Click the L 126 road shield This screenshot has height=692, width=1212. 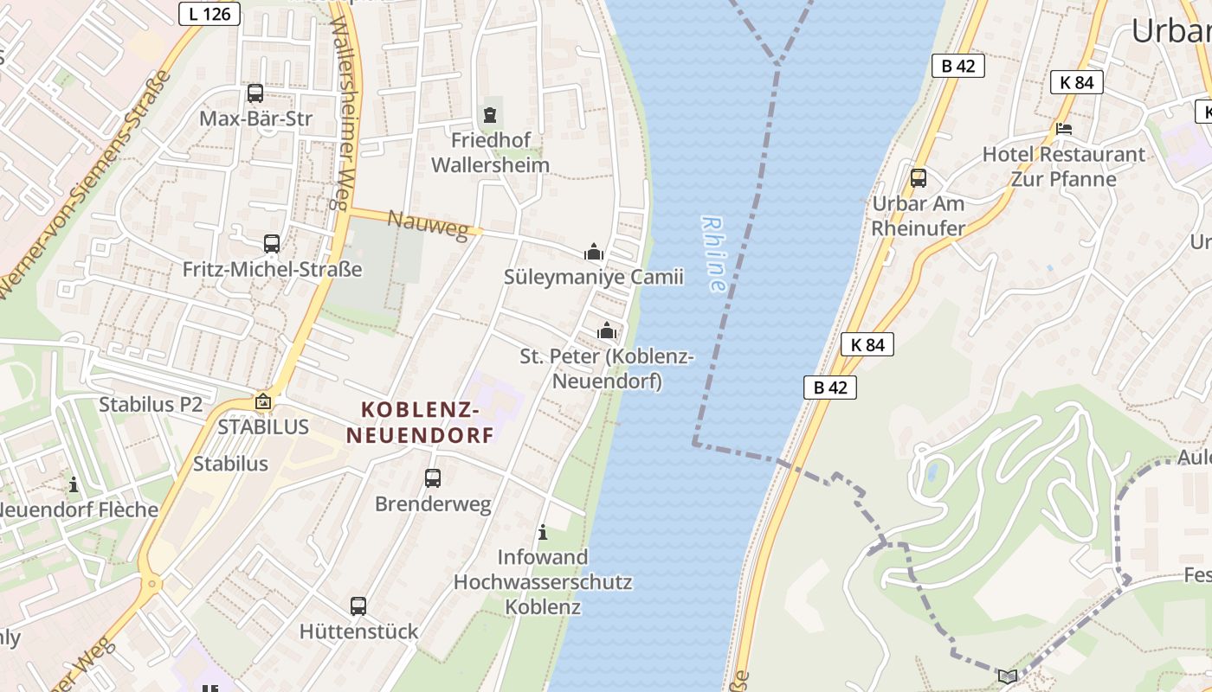(x=210, y=13)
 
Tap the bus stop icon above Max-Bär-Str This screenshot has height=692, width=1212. (x=255, y=93)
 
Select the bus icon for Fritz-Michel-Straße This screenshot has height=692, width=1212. (x=272, y=244)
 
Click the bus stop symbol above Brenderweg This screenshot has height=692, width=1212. (x=433, y=477)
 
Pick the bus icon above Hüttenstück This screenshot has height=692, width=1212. (x=358, y=605)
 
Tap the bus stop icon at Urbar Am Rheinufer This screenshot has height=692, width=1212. (x=919, y=178)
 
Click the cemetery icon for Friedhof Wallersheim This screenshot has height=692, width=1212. (x=490, y=114)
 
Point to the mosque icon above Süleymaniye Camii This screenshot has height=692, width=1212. (x=594, y=252)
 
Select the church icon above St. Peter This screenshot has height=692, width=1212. (x=607, y=330)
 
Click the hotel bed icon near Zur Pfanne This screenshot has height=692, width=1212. (x=1064, y=129)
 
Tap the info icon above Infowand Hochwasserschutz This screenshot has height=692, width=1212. (x=543, y=532)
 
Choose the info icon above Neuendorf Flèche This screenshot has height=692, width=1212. (x=74, y=485)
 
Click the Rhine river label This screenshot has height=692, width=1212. (x=715, y=253)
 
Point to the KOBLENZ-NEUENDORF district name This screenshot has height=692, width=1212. (x=421, y=421)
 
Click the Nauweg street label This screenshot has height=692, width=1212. (x=434, y=224)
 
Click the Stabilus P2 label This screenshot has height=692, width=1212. (x=151, y=404)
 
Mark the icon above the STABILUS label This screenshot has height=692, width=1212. (x=263, y=401)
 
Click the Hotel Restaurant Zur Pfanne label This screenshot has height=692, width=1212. (x=1063, y=166)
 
